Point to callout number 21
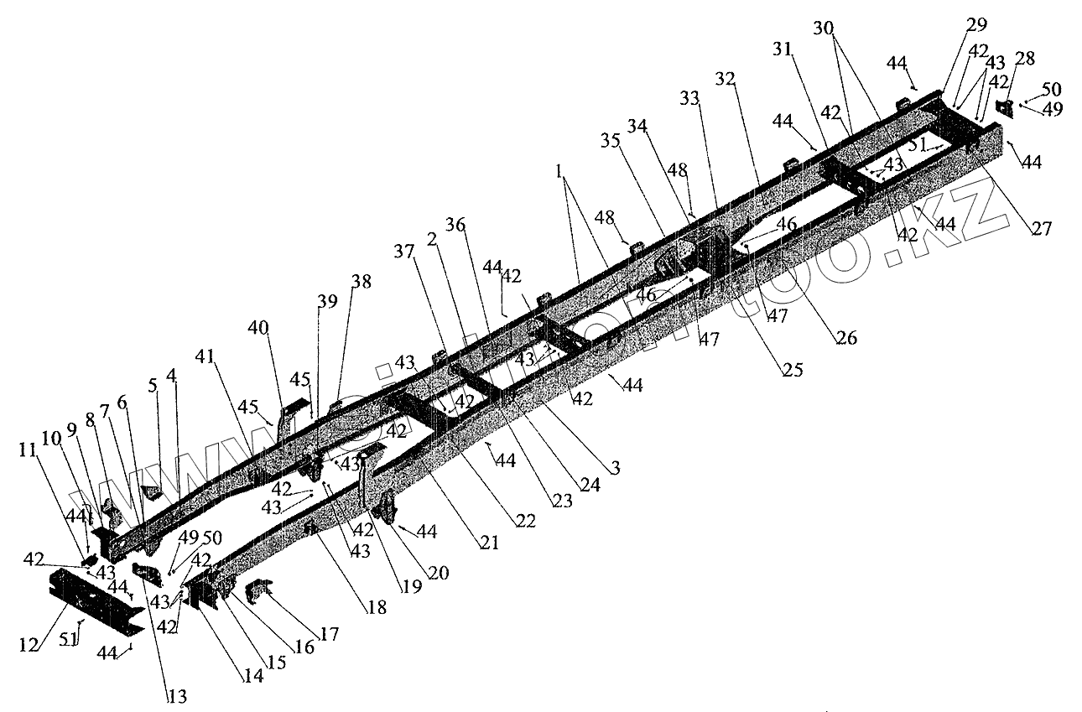pyautogui.click(x=490, y=543)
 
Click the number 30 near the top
pyautogui.click(x=824, y=27)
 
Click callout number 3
pyautogui.click(x=615, y=469)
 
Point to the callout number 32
pyautogui.click(x=726, y=80)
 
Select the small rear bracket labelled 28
pyautogui.click(x=1004, y=108)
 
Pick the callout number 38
pyautogui.click(x=361, y=283)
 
